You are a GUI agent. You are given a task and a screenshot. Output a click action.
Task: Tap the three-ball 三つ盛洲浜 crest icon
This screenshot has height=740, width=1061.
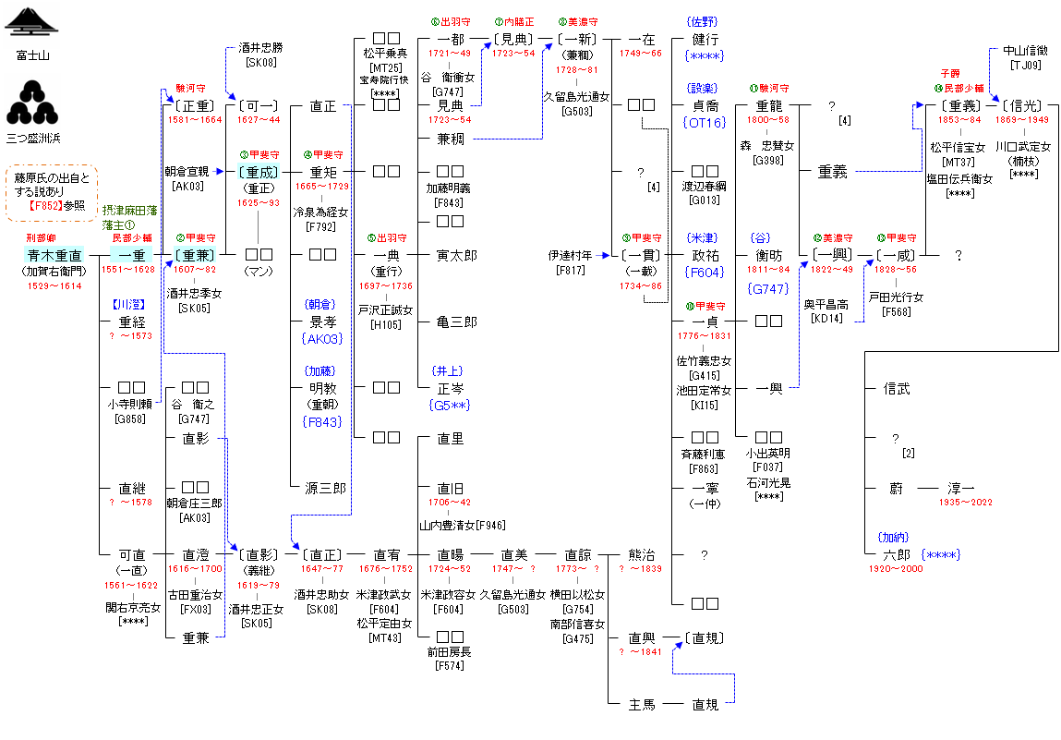click(32, 102)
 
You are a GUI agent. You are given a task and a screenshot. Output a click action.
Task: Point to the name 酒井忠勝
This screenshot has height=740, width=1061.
click(260, 48)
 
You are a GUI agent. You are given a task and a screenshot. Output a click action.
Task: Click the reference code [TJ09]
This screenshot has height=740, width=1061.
click(1025, 65)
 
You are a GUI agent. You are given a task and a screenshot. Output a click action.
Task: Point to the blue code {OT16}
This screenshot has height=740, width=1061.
click(705, 122)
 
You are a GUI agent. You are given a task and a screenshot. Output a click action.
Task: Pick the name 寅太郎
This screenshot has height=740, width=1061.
click(457, 254)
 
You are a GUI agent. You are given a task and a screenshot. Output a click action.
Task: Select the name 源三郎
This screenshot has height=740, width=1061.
click(323, 488)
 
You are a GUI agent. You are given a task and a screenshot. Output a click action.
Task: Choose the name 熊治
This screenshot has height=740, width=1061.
click(642, 555)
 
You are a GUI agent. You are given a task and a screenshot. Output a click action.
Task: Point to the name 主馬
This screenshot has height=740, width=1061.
click(642, 705)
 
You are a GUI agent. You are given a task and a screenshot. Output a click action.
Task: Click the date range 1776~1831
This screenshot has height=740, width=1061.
click(705, 335)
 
